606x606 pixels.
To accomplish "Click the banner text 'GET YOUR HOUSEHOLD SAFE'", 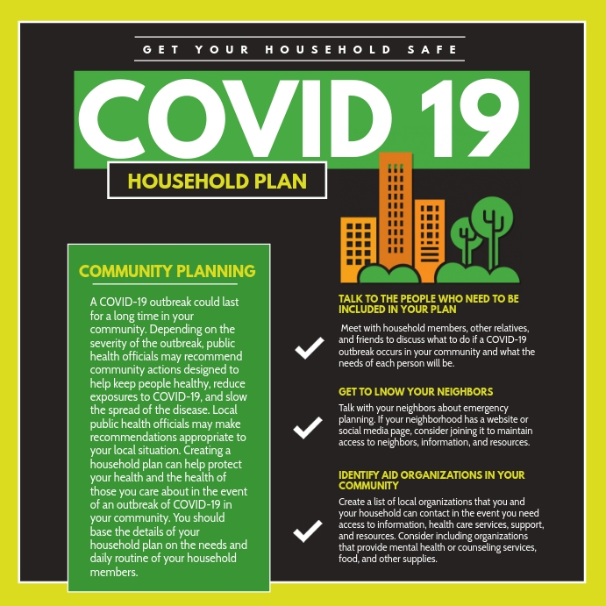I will coord(300,49).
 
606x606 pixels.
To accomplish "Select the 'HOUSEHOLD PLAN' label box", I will coord(217,182).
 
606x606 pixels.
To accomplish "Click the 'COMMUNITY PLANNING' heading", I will coord(168,271).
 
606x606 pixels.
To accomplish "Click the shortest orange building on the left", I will coord(358,248).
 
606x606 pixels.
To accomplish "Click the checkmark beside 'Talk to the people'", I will coord(308,348).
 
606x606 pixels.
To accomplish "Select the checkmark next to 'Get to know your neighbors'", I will coord(308,427).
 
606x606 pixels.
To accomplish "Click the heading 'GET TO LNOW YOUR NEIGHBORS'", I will coord(416,392).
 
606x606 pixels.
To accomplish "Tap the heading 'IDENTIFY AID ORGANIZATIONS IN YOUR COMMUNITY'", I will coord(431,480).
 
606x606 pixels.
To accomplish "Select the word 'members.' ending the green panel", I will coord(115,573).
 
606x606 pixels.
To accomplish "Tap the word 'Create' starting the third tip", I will coord(354,502).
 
